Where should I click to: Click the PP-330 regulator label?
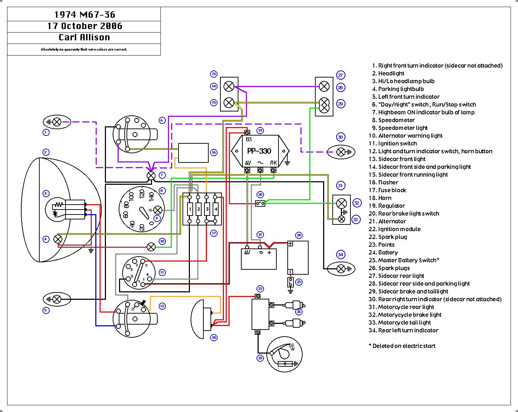click(259, 151)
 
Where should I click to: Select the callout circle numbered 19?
click(260, 131)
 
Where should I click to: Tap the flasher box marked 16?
click(193, 153)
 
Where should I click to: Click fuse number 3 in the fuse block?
click(207, 210)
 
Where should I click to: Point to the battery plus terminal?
click(290, 244)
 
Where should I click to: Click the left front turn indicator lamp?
click(57, 299)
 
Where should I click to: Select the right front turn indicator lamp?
click(57, 122)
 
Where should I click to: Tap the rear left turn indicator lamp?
click(341, 269)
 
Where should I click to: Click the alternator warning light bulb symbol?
click(151, 247)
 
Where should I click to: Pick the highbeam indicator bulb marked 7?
click(151, 176)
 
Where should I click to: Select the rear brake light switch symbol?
click(260, 204)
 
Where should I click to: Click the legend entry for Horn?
click(384, 198)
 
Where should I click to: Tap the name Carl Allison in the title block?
click(84, 38)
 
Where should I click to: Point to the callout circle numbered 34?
click(340, 254)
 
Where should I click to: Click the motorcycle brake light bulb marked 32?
click(342, 203)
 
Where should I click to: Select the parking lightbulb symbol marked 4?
click(58, 239)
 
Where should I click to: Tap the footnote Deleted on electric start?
click(404, 346)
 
